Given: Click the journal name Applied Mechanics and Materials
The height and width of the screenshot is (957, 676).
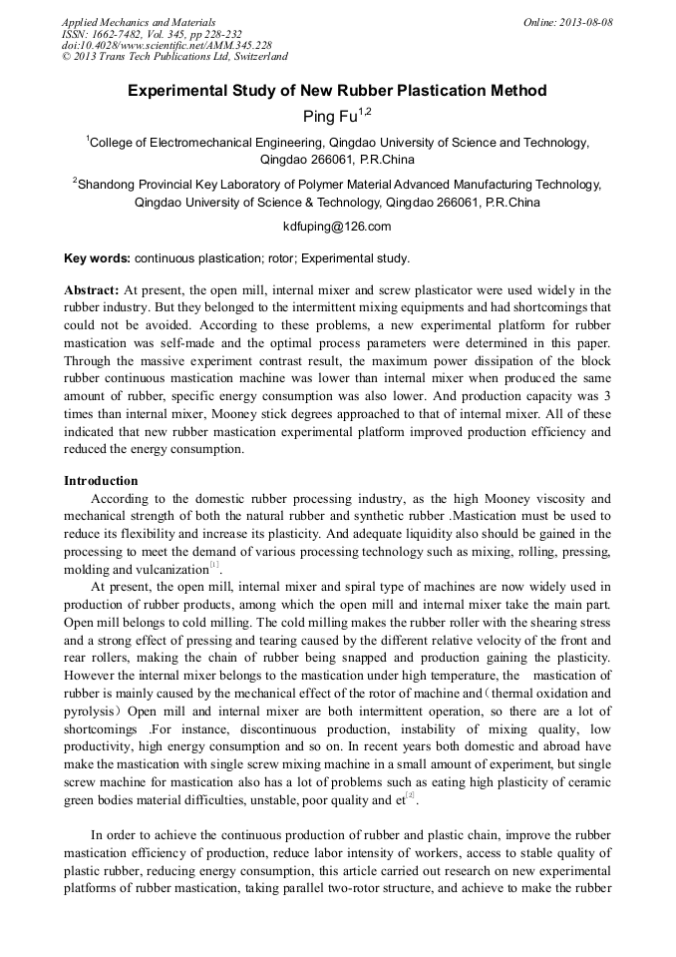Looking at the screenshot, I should click(x=139, y=22).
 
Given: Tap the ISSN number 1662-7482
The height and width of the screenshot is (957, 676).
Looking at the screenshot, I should click(x=123, y=34).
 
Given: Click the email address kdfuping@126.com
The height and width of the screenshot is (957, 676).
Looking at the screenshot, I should click(x=337, y=227).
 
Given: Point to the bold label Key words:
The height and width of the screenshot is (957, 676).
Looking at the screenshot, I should click(x=97, y=258).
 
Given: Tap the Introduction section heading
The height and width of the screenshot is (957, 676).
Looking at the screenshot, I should click(x=101, y=481).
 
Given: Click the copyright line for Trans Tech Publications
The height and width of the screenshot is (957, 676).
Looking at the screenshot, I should click(x=174, y=57).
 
